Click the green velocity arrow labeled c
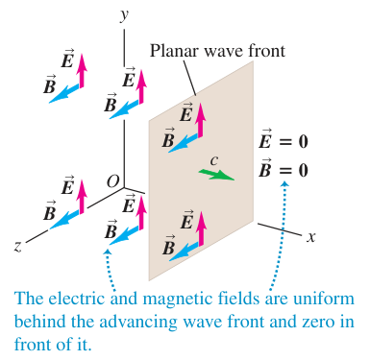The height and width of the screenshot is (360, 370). point(216,175)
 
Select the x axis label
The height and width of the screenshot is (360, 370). point(310,237)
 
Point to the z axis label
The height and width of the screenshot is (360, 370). point(18,246)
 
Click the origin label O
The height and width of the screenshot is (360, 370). point(112,181)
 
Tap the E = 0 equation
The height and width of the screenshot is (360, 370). point(284,140)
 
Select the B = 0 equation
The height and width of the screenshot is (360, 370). point(284,168)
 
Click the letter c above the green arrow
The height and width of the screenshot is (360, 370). point(214,160)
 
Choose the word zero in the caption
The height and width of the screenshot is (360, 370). point(316,323)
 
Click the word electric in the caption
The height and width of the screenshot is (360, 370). point(77,299)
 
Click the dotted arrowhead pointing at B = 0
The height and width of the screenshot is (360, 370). point(284,183)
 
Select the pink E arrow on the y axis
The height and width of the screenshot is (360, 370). point(141,85)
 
